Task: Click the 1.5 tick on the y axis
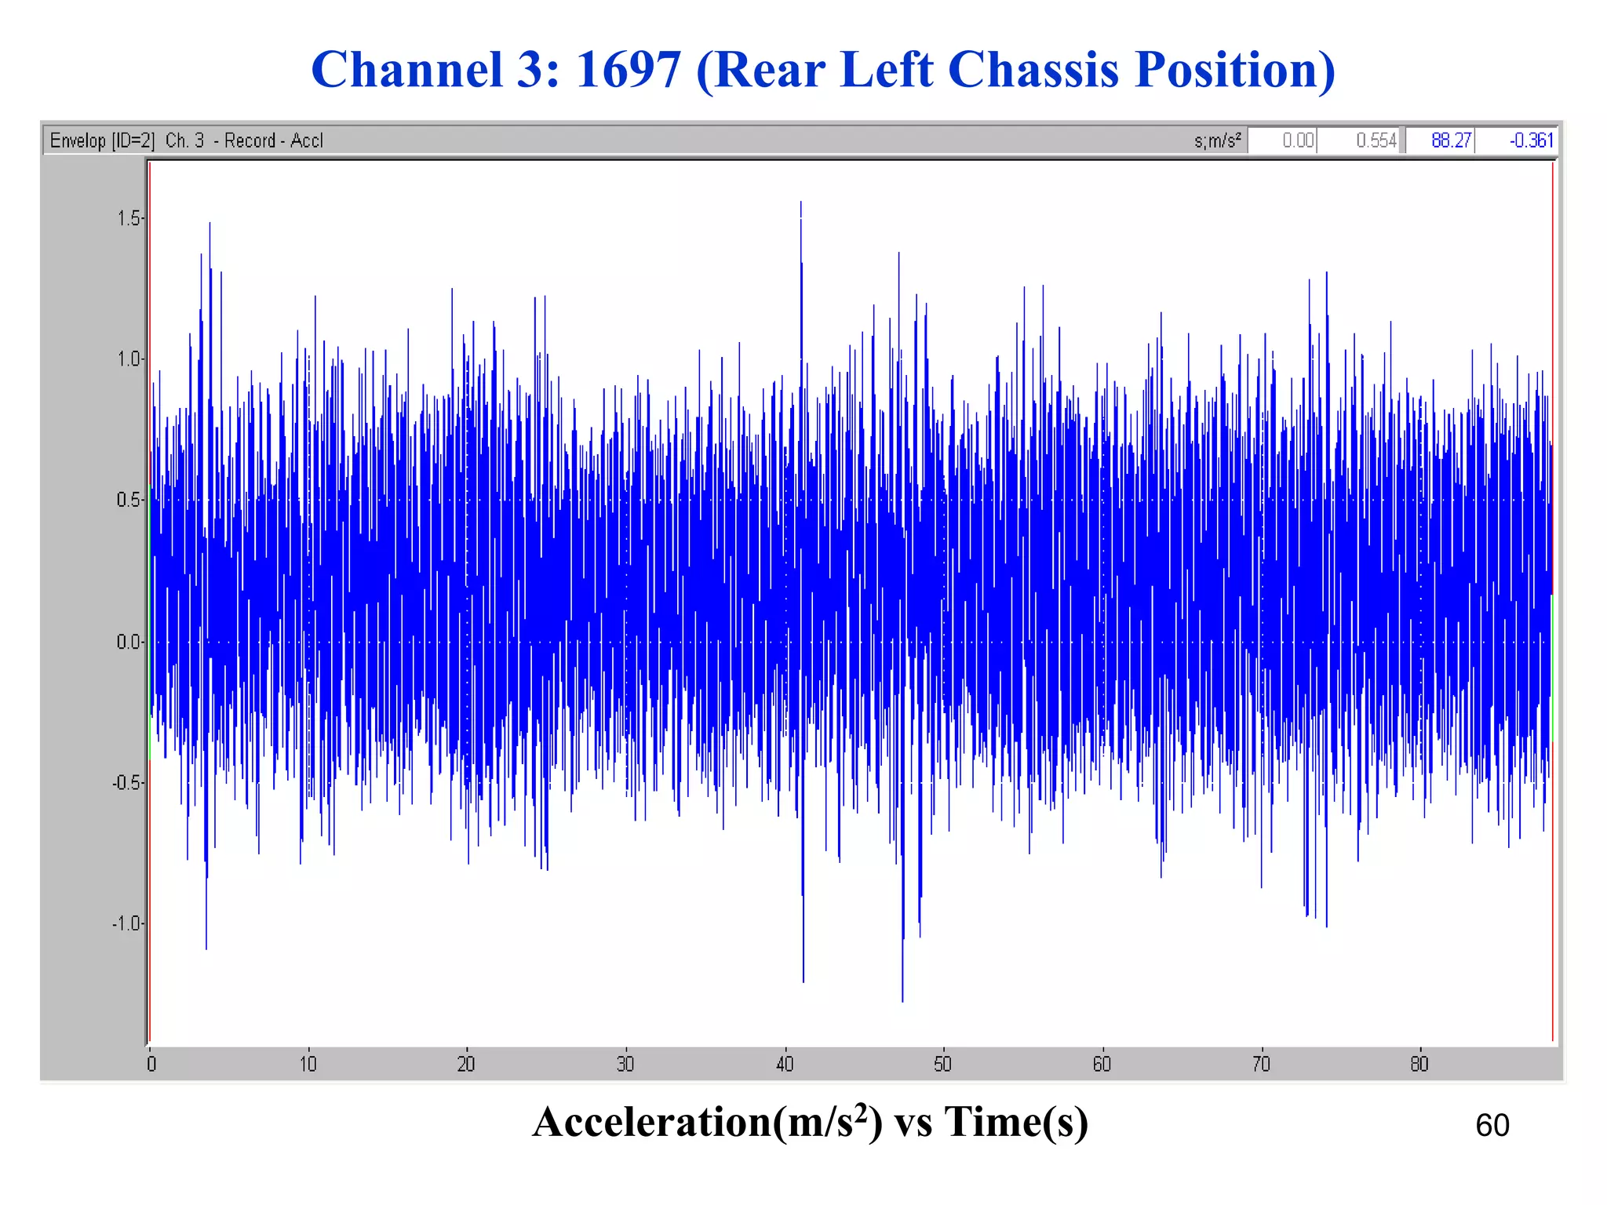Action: coord(130,219)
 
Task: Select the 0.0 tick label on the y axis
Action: coord(130,643)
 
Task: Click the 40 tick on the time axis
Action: coord(785,1065)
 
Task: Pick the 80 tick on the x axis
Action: coord(1419,1065)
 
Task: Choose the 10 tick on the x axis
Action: coord(308,1065)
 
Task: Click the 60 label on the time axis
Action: coord(1102,1065)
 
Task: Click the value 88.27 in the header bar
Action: coord(1450,140)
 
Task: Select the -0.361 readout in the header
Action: coord(1530,140)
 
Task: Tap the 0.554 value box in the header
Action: coord(1376,140)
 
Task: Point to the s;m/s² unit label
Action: coord(1217,140)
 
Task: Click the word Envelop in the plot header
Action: coord(78,140)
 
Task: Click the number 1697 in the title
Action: coord(628,69)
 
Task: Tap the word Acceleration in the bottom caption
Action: coord(651,1122)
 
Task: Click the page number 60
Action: coord(1492,1126)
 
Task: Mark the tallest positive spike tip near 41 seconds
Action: coord(800,202)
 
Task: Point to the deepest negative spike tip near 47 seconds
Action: coord(902,1000)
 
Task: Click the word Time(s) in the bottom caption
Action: coord(1015,1122)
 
